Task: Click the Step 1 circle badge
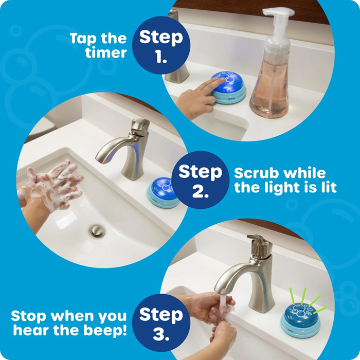[160, 46]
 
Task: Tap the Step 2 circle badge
[200, 180]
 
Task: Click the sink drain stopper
[96, 230]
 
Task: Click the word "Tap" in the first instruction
[84, 39]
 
